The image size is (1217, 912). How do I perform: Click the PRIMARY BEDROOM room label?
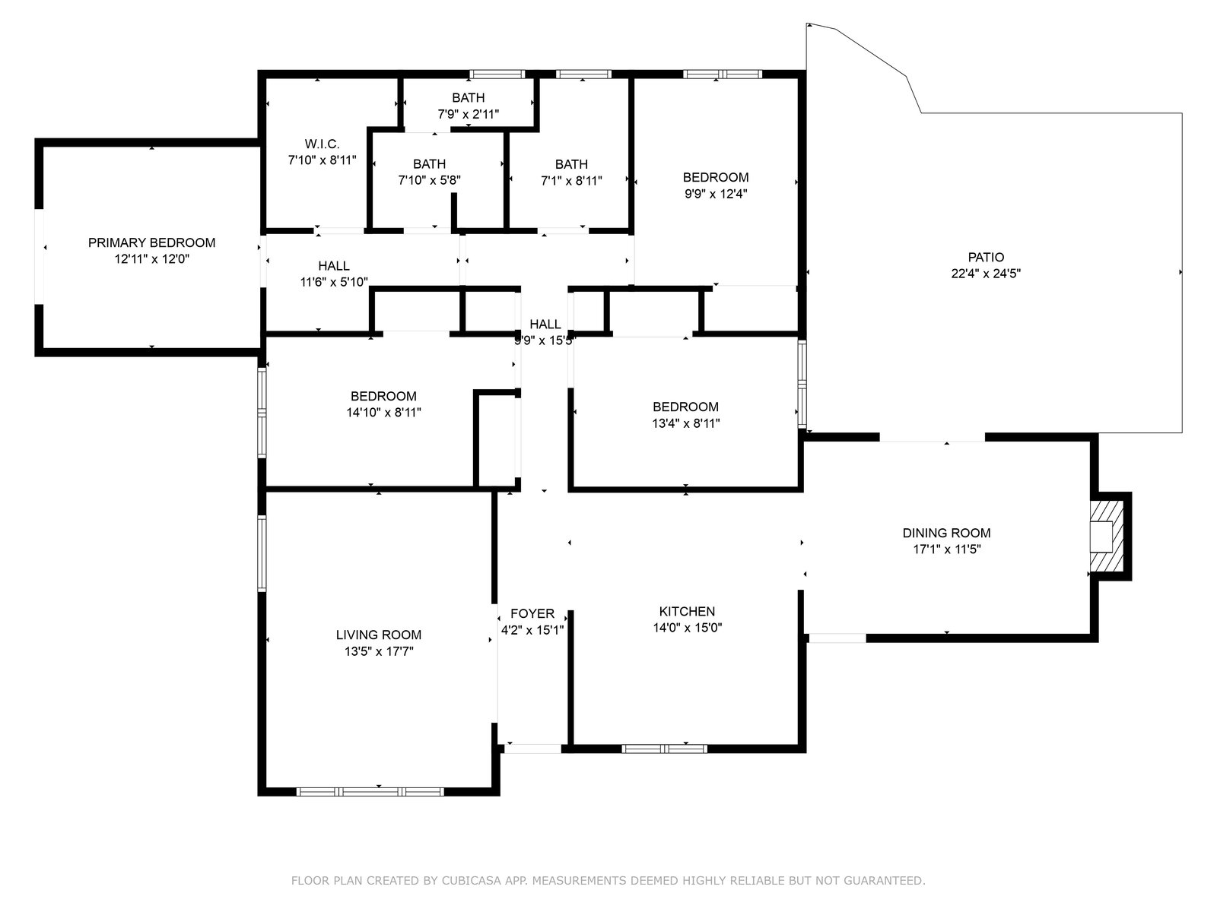click(151, 242)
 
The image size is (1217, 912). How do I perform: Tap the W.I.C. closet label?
click(323, 144)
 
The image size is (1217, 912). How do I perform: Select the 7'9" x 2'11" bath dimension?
click(469, 114)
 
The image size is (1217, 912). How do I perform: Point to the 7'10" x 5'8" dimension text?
click(429, 180)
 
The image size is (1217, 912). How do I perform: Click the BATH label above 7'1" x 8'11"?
click(572, 164)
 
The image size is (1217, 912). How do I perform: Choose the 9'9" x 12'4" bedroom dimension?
click(716, 194)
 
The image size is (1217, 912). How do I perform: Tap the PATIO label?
click(986, 257)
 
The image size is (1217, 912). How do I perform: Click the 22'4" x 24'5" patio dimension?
click(986, 274)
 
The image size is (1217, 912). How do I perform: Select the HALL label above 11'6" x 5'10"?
click(334, 266)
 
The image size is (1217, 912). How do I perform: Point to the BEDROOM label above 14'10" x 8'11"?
click(383, 396)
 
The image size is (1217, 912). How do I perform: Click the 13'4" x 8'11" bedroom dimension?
click(686, 423)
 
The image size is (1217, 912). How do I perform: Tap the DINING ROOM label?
click(946, 533)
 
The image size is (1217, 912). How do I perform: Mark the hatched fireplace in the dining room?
click(1107, 537)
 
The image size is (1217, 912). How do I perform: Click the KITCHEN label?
click(687, 611)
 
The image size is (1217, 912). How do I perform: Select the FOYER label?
click(532, 613)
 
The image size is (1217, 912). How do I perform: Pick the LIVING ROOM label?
click(379, 635)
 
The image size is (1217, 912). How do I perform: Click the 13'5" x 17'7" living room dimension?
click(379, 651)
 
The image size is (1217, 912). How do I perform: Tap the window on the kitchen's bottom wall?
click(664, 749)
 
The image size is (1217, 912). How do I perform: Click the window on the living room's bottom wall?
click(370, 793)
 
